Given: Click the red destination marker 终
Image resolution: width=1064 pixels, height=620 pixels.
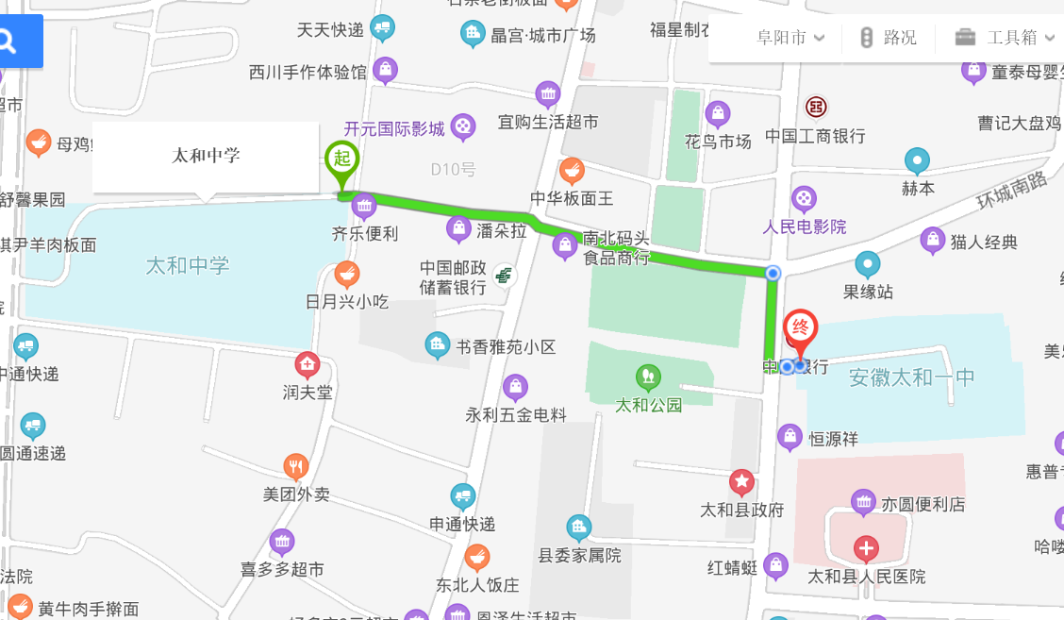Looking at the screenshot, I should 801,328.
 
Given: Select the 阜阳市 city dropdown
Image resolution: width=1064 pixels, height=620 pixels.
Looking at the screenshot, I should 790,38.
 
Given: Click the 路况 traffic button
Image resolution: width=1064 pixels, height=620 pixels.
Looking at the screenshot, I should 888,38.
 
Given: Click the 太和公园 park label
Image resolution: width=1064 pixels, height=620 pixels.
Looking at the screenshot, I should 648,405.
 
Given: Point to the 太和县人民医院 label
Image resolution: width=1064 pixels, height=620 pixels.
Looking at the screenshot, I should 866,576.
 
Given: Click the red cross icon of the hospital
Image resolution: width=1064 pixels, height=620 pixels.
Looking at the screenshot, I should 866,547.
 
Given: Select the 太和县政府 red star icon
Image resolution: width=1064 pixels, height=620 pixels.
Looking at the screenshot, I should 742,483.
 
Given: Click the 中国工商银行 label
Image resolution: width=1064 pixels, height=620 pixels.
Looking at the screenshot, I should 815,136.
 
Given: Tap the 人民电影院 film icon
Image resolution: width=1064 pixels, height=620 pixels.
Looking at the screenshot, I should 804,199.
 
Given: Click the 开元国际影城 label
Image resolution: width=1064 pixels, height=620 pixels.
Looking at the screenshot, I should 393,128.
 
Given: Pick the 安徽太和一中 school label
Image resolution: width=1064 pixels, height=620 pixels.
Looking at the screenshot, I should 911,377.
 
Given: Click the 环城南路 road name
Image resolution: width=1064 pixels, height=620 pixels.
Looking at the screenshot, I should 1011,193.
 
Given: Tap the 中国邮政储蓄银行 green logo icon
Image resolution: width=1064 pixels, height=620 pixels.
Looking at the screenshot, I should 504,275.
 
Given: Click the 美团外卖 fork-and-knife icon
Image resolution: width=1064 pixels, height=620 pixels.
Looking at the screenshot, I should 296,466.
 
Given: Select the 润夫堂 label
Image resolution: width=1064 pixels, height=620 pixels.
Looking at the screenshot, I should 308,391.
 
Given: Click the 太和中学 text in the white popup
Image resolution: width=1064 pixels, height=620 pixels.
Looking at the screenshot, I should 206,156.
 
